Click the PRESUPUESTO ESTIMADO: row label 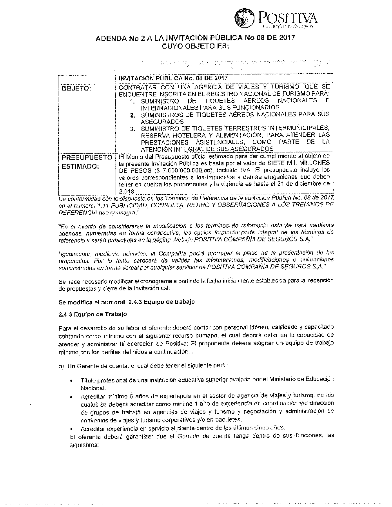[x=87, y=162]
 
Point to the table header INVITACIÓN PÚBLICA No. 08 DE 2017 [x=173, y=78]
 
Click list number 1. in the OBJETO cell [x=133, y=101]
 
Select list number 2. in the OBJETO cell [x=133, y=115]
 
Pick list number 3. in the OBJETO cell [x=133, y=129]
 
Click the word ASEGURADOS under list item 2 [x=156, y=122]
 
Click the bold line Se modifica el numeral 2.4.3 [x=126, y=302]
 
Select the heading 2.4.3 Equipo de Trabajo [x=92, y=314]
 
